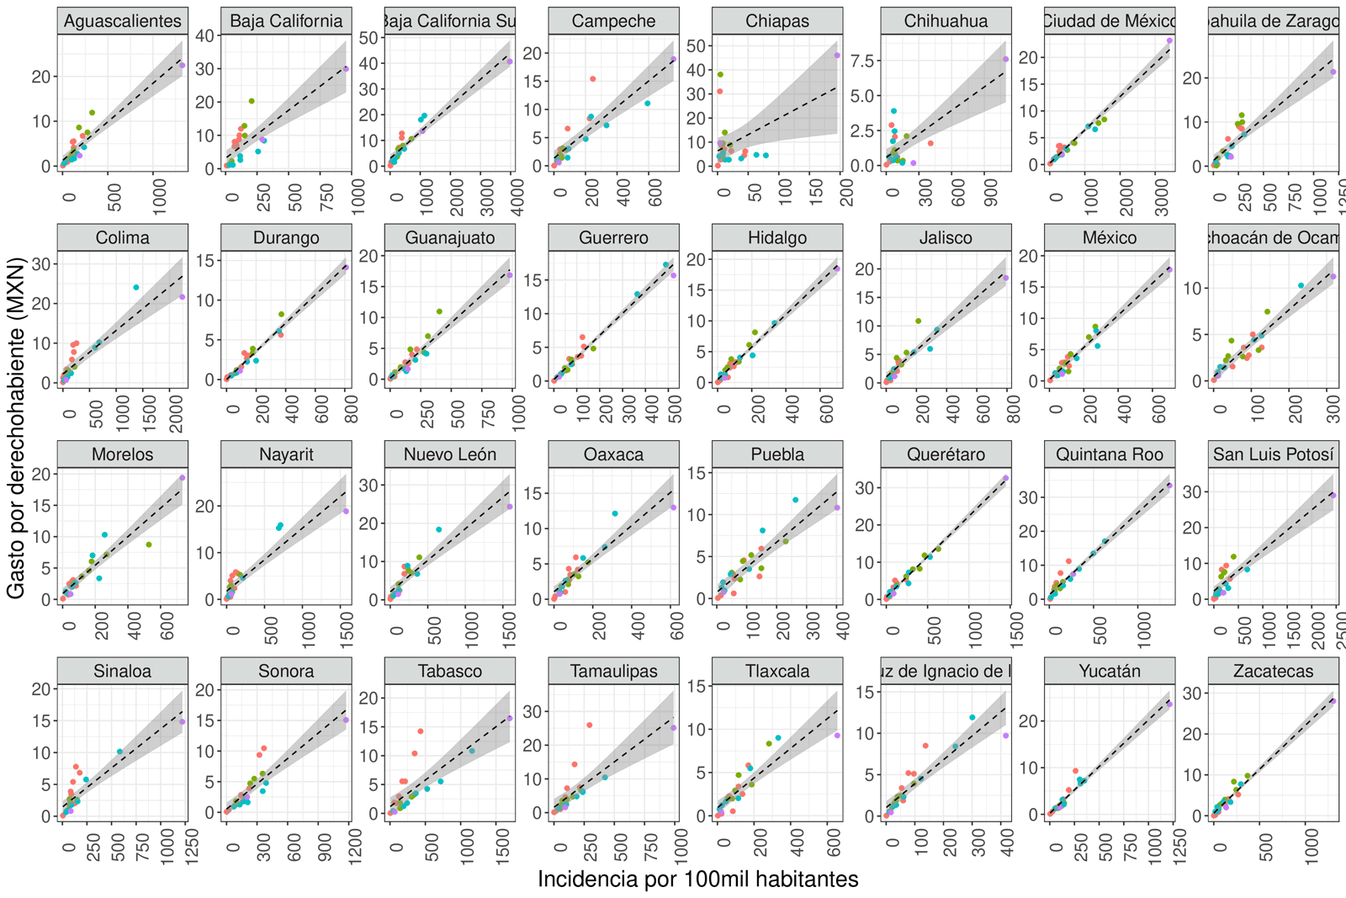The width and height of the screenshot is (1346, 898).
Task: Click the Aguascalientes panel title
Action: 123,21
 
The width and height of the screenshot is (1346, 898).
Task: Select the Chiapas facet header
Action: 777,21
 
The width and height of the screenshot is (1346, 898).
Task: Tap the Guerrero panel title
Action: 613,238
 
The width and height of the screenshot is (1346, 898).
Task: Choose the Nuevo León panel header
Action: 450,454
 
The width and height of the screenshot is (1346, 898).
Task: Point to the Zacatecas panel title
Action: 1273,672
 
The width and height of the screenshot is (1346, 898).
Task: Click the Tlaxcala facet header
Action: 777,672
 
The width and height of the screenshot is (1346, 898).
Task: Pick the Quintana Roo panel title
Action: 1110,454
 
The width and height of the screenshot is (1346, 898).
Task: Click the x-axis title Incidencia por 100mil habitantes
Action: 697,879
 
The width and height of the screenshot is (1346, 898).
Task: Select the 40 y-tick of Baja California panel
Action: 205,35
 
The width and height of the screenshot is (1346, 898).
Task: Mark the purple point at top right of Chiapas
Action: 837,56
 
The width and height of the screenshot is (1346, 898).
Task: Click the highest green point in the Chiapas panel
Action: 720,75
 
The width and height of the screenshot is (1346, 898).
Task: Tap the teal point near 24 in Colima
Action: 136,288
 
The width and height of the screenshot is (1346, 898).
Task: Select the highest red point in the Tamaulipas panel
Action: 589,725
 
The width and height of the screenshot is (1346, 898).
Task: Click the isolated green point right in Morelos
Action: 149,545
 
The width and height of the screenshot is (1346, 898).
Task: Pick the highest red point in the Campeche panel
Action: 593,79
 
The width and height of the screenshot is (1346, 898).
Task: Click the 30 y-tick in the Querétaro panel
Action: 864,487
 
